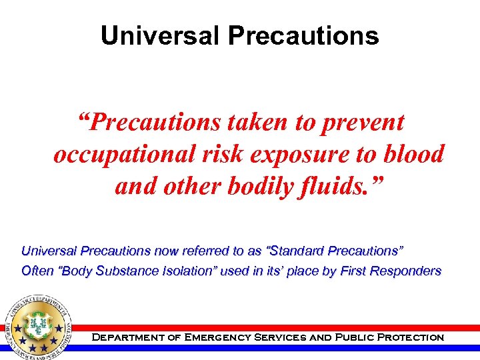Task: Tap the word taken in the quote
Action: (x=257, y=122)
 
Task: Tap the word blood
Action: (x=413, y=154)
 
